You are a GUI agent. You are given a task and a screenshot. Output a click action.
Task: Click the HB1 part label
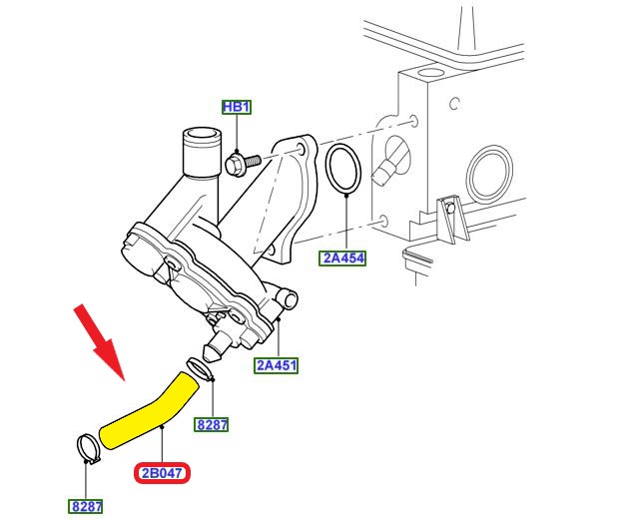(x=237, y=107)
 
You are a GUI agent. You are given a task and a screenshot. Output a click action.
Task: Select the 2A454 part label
(x=342, y=259)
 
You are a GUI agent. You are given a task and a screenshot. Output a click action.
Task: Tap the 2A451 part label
(x=276, y=365)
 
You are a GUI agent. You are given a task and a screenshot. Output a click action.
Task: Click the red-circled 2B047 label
(x=162, y=473)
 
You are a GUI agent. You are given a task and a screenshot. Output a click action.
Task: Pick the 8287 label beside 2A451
(x=212, y=425)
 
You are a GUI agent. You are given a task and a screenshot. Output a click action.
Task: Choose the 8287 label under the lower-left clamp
(x=86, y=507)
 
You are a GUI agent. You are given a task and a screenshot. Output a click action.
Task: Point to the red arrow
(x=100, y=341)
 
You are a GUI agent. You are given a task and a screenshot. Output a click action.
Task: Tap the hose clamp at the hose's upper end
(x=200, y=369)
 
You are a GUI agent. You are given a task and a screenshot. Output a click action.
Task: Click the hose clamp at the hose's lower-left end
(x=88, y=449)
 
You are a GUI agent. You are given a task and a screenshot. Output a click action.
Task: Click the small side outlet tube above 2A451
(x=288, y=297)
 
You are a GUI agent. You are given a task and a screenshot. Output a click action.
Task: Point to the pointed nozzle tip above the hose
(x=212, y=354)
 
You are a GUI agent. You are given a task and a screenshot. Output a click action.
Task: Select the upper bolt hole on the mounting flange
(x=301, y=150)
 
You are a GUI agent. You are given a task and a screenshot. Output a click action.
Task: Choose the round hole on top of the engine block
(x=428, y=73)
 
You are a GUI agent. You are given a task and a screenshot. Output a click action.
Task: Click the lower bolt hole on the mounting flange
(x=271, y=252)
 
